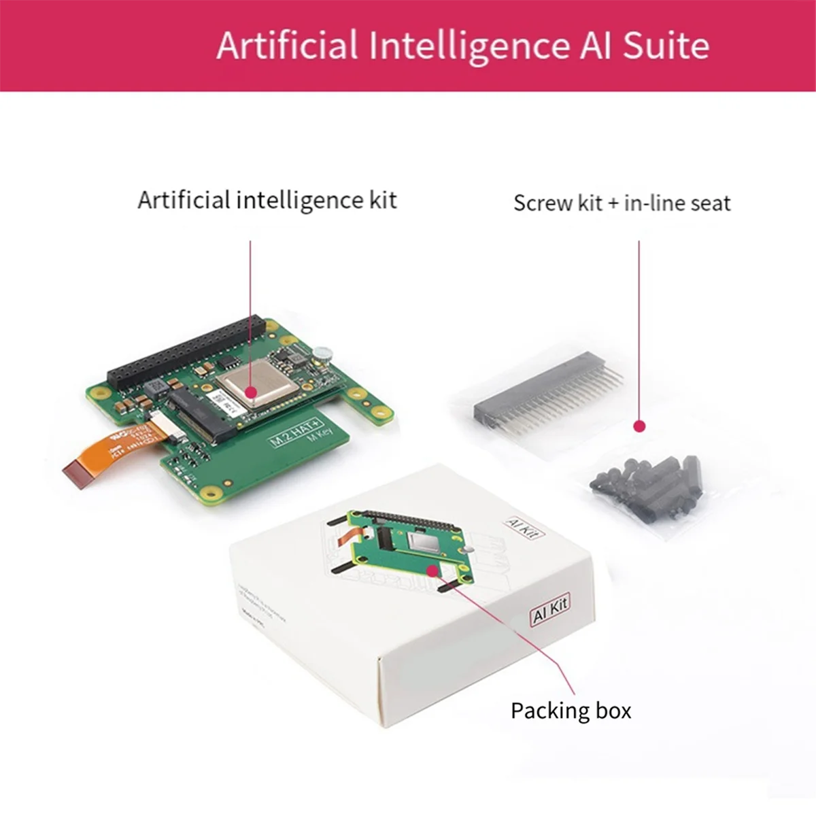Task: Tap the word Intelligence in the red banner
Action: coord(469,46)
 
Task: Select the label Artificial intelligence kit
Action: coord(267,200)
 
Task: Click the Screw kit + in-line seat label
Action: coord(622,203)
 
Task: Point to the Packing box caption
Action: coord(571,711)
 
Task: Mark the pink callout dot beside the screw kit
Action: coord(639,426)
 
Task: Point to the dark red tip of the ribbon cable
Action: coord(76,473)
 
